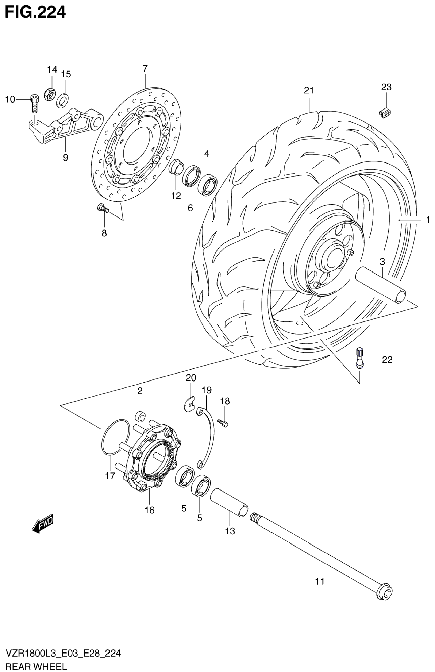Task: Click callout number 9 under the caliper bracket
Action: coord(66,157)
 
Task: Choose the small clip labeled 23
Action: coord(385,113)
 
